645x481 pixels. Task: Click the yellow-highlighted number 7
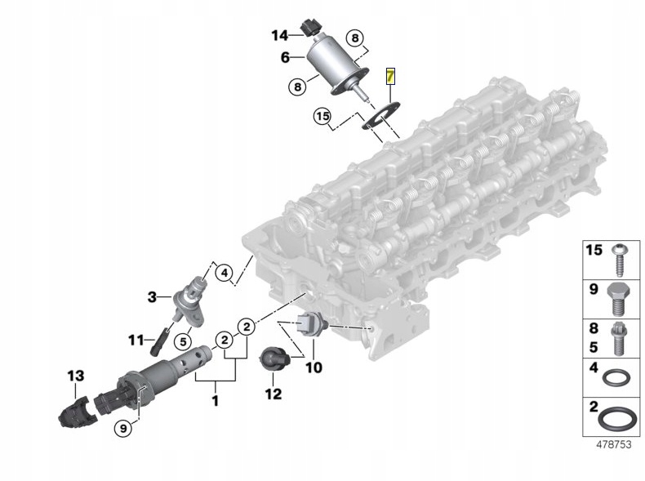[x=391, y=78]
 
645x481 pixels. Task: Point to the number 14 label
[x=280, y=35]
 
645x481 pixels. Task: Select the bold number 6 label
[x=286, y=57]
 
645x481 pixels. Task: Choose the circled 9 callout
[x=123, y=425]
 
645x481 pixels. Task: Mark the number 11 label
[x=136, y=337]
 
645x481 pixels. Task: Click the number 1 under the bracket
[x=216, y=401]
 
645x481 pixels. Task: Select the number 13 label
[x=76, y=376]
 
